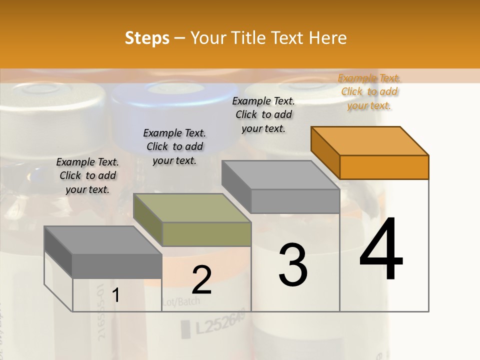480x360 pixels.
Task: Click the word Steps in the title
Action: tap(147, 38)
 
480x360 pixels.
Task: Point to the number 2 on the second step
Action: tap(201, 279)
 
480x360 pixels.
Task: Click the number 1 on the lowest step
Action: tap(115, 295)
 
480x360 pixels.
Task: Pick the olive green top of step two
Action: tap(192, 208)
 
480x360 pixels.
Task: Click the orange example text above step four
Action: tap(369, 91)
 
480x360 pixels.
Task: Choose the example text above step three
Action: tap(263, 114)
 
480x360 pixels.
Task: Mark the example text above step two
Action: tap(174, 146)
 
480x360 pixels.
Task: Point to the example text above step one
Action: tap(87, 175)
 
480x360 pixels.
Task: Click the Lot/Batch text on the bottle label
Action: tap(181, 301)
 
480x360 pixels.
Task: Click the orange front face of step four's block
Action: tap(384, 167)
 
